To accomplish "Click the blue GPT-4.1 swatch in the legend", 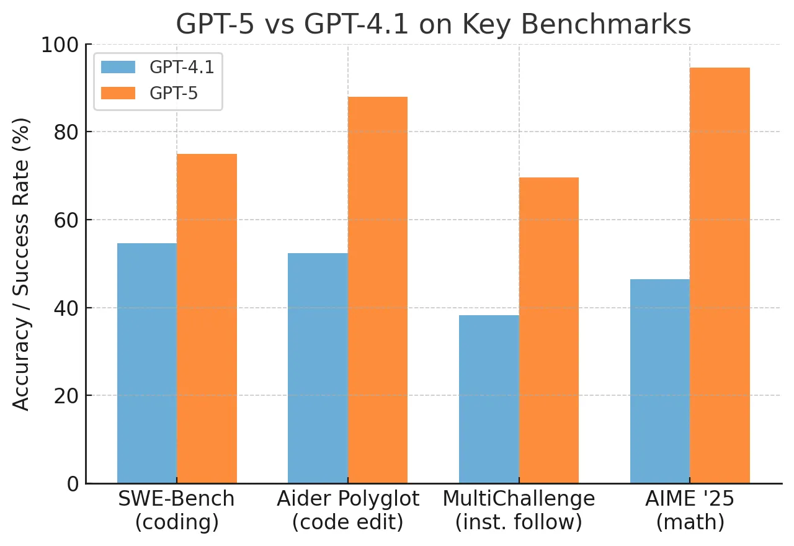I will point(118,67).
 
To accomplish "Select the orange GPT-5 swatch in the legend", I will point(118,92).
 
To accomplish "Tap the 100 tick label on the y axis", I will point(60,45).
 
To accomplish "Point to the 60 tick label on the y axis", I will point(66,220).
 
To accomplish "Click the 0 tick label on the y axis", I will point(73,483).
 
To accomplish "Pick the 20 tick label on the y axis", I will point(66,396).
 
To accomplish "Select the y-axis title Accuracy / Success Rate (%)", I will point(22,264).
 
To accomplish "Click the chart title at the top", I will point(433,24).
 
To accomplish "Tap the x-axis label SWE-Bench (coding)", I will point(177,510).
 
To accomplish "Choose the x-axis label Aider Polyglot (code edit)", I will point(348,510).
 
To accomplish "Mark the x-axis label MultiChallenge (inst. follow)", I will point(519,510).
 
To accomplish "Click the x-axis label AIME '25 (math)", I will point(690,510).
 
